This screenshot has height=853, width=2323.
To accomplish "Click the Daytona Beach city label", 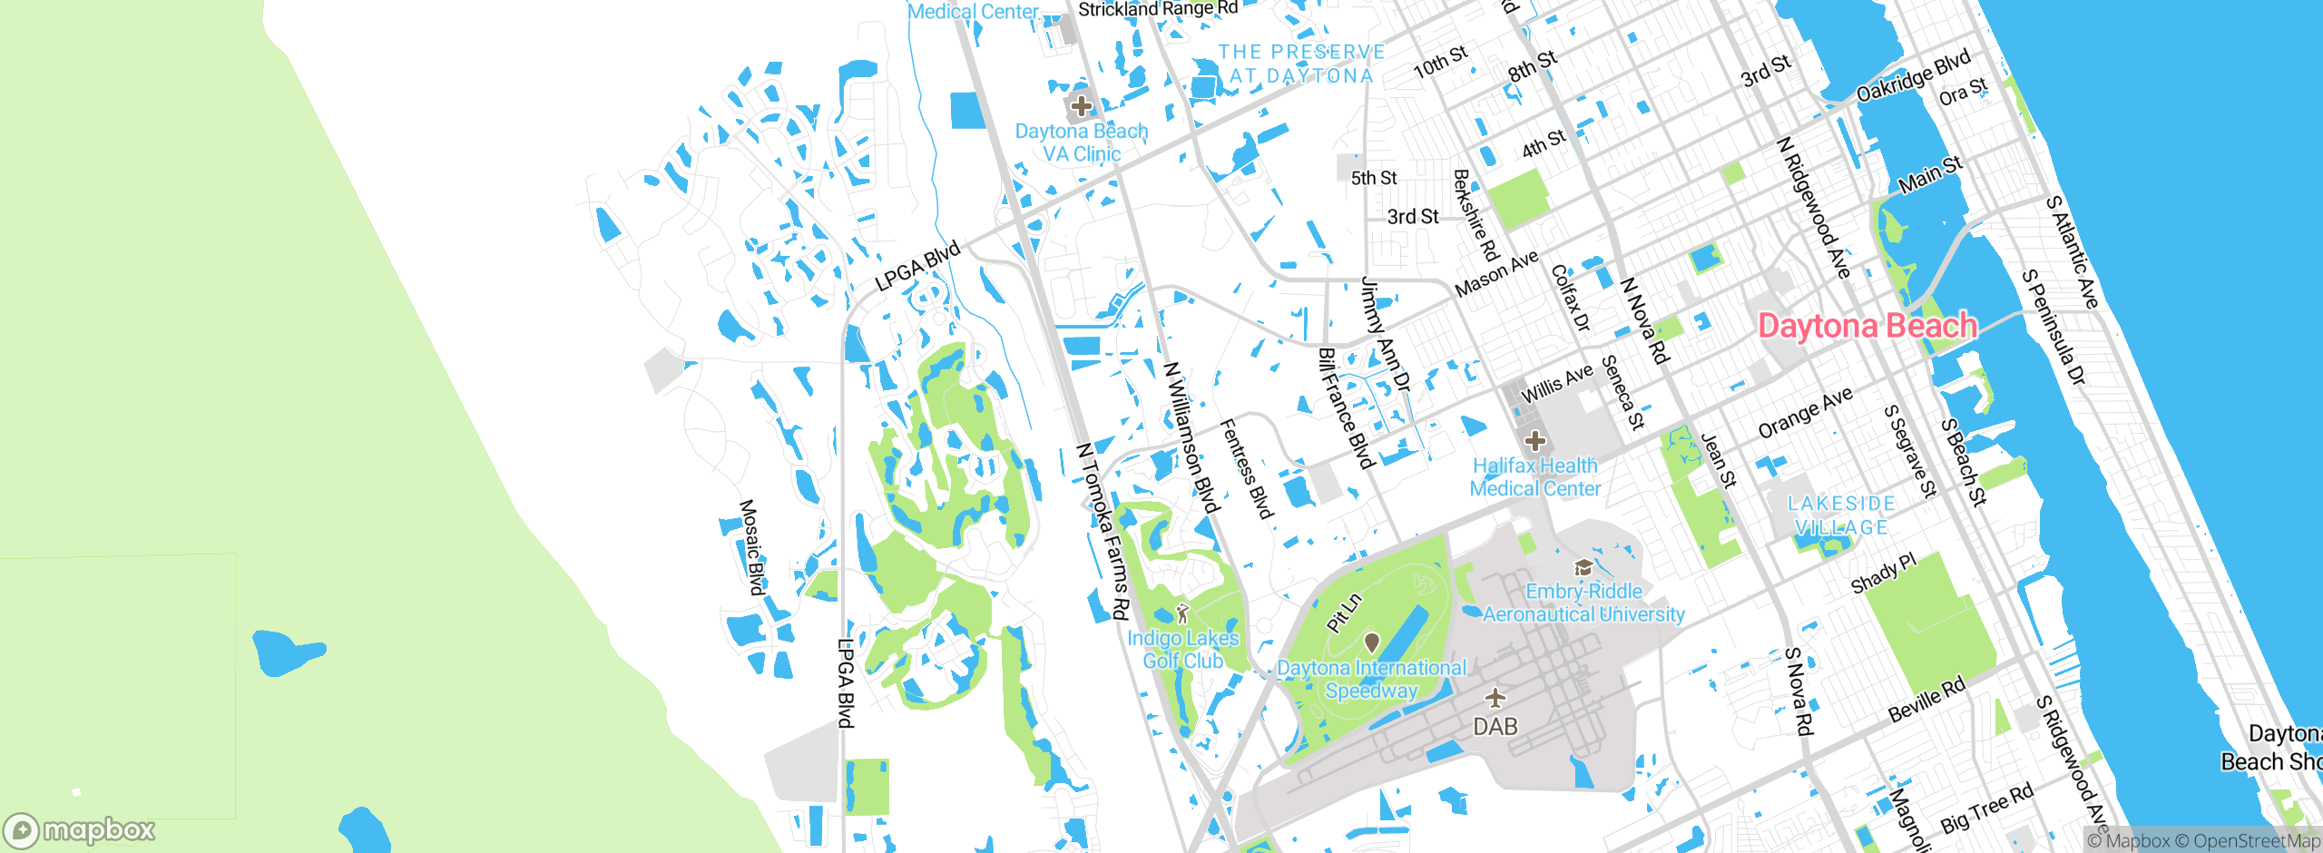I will pyautogui.click(x=1867, y=326).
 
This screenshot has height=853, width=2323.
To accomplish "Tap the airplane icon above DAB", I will pyautogui.click(x=1495, y=698).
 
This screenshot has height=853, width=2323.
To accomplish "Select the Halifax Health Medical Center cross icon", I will pyautogui.click(x=1534, y=442).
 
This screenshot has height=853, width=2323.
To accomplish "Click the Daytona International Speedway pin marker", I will pyautogui.click(x=1371, y=642).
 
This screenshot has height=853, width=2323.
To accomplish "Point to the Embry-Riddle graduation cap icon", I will pyautogui.click(x=1583, y=568).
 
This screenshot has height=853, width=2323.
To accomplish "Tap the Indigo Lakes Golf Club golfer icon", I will pyautogui.click(x=1181, y=614).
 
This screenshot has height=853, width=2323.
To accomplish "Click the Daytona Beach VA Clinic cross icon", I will pyautogui.click(x=1081, y=107).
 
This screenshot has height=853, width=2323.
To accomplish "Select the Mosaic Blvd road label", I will pyautogui.click(x=752, y=547).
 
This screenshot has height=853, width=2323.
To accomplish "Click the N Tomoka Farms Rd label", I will pyautogui.click(x=1103, y=532).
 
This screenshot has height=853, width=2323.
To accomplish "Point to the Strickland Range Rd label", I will pyautogui.click(x=1158, y=9).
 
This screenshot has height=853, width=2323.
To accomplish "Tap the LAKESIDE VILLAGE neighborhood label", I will pyautogui.click(x=1841, y=515).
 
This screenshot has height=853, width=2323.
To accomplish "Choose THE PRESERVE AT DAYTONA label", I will pyautogui.click(x=1301, y=64).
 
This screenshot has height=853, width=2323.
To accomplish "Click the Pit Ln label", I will pyautogui.click(x=1344, y=613).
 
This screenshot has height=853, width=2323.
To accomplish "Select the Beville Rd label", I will pyautogui.click(x=1926, y=700).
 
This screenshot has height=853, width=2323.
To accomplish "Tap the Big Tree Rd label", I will pyautogui.click(x=1986, y=809).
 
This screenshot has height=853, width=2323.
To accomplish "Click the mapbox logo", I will pyautogui.click(x=80, y=829).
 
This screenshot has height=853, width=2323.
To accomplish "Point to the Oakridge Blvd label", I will pyautogui.click(x=1913, y=75).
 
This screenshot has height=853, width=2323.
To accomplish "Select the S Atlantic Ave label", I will pyautogui.click(x=2072, y=252).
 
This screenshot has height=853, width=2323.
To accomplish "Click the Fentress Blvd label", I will pyautogui.click(x=1246, y=469).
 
